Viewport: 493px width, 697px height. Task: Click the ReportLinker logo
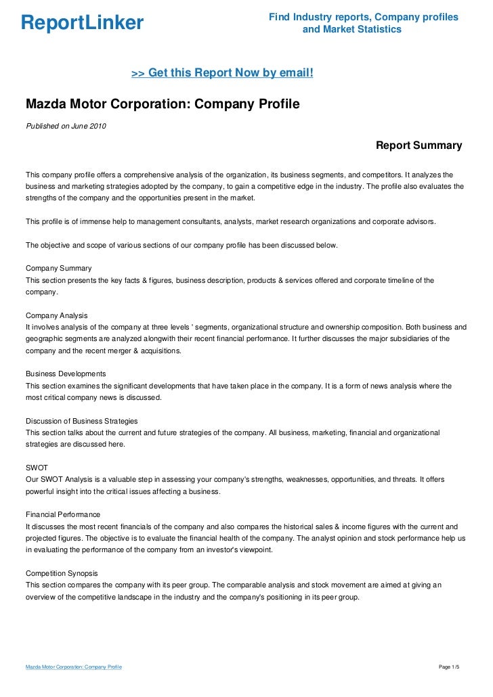pos(82,23)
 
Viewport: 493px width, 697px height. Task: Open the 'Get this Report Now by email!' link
pos(222,72)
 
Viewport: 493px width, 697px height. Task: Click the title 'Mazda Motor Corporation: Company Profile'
pos(162,105)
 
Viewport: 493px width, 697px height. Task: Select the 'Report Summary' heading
pos(419,145)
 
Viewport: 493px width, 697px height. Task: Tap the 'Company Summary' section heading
pos(58,269)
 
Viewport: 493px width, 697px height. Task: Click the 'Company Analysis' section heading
pos(56,315)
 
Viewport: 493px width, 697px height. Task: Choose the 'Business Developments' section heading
pos(65,374)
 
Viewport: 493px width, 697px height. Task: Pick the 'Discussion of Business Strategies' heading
pos(81,421)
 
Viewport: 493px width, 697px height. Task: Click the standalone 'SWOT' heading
pos(37,468)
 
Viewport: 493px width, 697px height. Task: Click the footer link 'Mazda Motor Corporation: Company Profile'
pos(73,667)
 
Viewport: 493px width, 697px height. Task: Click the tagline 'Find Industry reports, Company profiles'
pos(364,16)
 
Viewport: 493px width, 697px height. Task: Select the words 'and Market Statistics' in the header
pos(351,30)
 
